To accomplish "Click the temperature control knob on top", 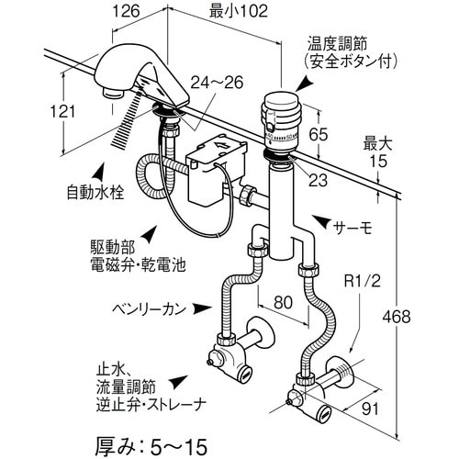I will point(283,110).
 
